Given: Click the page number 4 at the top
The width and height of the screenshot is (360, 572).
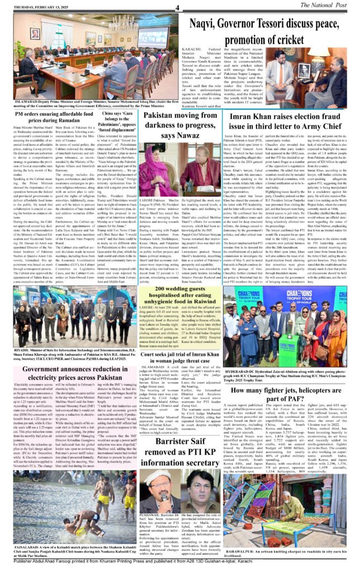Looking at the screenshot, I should coord(177,7).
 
